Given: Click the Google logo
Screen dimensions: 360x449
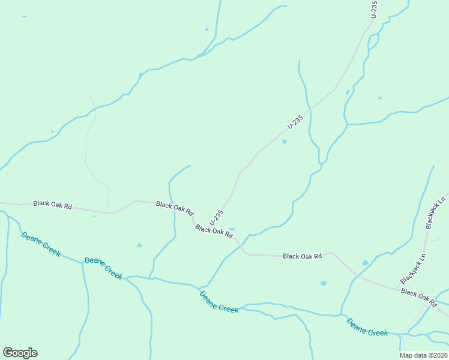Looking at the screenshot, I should [20, 353].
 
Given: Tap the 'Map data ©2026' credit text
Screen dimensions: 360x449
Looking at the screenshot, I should [424, 355].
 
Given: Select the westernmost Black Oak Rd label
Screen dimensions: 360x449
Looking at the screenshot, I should [52, 205].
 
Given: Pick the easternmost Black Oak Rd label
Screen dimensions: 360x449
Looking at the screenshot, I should [418, 293].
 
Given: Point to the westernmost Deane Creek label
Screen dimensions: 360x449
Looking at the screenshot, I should [41, 244].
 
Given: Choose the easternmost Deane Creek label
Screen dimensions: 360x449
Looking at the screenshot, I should [367, 327].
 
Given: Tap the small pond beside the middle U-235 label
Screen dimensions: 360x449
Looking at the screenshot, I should [285, 142].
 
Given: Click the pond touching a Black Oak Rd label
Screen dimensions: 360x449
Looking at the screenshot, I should [232, 229].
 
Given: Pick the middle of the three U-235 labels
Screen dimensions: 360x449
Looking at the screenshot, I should [295, 122].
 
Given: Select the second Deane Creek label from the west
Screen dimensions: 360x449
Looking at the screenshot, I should [103, 268].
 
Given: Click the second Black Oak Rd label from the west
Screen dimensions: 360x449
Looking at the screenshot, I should [175, 208].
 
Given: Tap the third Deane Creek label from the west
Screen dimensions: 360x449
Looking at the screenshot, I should [219, 302].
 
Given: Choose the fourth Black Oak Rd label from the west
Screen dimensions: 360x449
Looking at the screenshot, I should [303, 256].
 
